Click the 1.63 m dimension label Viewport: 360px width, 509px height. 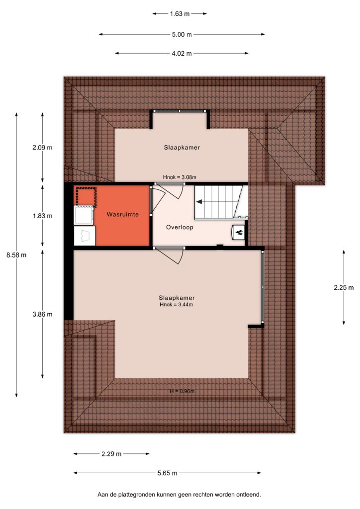[180, 14]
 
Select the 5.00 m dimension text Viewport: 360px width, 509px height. [182, 34]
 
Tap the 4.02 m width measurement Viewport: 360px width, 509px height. [182, 54]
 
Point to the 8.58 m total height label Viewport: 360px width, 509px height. [16, 255]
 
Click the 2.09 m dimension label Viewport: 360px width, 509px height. [43, 148]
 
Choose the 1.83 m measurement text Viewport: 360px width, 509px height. [43, 216]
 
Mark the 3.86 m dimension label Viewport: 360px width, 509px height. [43, 314]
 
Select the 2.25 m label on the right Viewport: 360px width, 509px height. [344, 288]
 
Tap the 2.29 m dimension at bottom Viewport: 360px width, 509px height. [111, 454]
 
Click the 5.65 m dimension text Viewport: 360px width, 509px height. [167, 473]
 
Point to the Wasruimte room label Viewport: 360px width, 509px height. [123, 215]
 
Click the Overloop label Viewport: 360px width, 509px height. [180, 227]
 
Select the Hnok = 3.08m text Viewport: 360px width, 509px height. [180, 177]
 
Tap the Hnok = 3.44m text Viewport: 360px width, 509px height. [176, 305]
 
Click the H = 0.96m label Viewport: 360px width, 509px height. [182, 391]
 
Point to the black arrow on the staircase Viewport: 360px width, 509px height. [199, 202]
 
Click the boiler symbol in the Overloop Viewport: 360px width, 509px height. [238, 232]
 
